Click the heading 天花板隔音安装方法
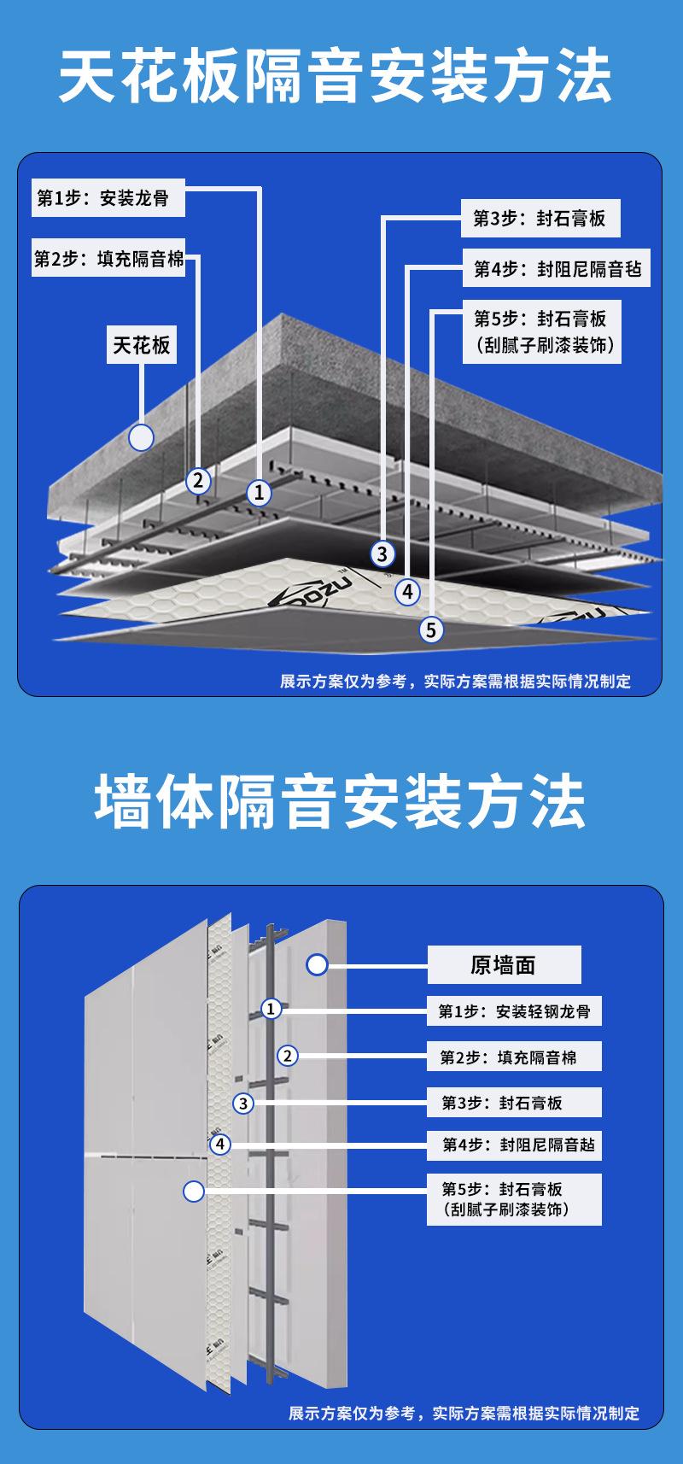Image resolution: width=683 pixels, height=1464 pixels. [x=336, y=78]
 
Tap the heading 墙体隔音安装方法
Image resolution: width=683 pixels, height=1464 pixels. [x=341, y=802]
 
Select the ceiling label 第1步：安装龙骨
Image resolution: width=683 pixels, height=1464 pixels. [x=102, y=198]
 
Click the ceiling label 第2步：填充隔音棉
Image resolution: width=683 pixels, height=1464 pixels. [x=108, y=259]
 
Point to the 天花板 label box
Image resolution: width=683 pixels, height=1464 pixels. [x=142, y=345]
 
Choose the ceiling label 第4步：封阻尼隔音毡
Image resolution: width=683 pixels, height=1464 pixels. [x=557, y=270]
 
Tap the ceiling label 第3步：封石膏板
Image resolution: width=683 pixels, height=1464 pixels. [x=540, y=219]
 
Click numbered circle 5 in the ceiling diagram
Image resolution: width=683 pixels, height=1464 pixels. [x=431, y=630]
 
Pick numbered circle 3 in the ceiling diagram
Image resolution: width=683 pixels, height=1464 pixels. [x=382, y=554]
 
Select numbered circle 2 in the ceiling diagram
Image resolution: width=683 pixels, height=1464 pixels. [x=198, y=480]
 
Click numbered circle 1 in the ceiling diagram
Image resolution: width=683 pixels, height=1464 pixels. [x=259, y=492]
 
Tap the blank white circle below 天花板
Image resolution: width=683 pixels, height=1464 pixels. [x=141, y=438]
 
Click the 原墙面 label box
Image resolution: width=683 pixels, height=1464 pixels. [x=503, y=965]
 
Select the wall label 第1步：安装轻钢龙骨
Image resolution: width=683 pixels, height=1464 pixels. [x=514, y=1011]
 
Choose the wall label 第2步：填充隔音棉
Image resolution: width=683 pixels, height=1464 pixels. [x=514, y=1057]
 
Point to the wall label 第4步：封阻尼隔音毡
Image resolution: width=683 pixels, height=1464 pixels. [x=514, y=1145]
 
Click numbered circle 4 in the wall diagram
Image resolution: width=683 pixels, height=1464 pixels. [x=220, y=1144]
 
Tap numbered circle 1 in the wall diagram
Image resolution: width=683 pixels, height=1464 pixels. [x=271, y=1009]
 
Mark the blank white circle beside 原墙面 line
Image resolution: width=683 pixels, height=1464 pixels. [x=318, y=965]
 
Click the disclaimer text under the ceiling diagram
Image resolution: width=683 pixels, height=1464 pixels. [x=455, y=681]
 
